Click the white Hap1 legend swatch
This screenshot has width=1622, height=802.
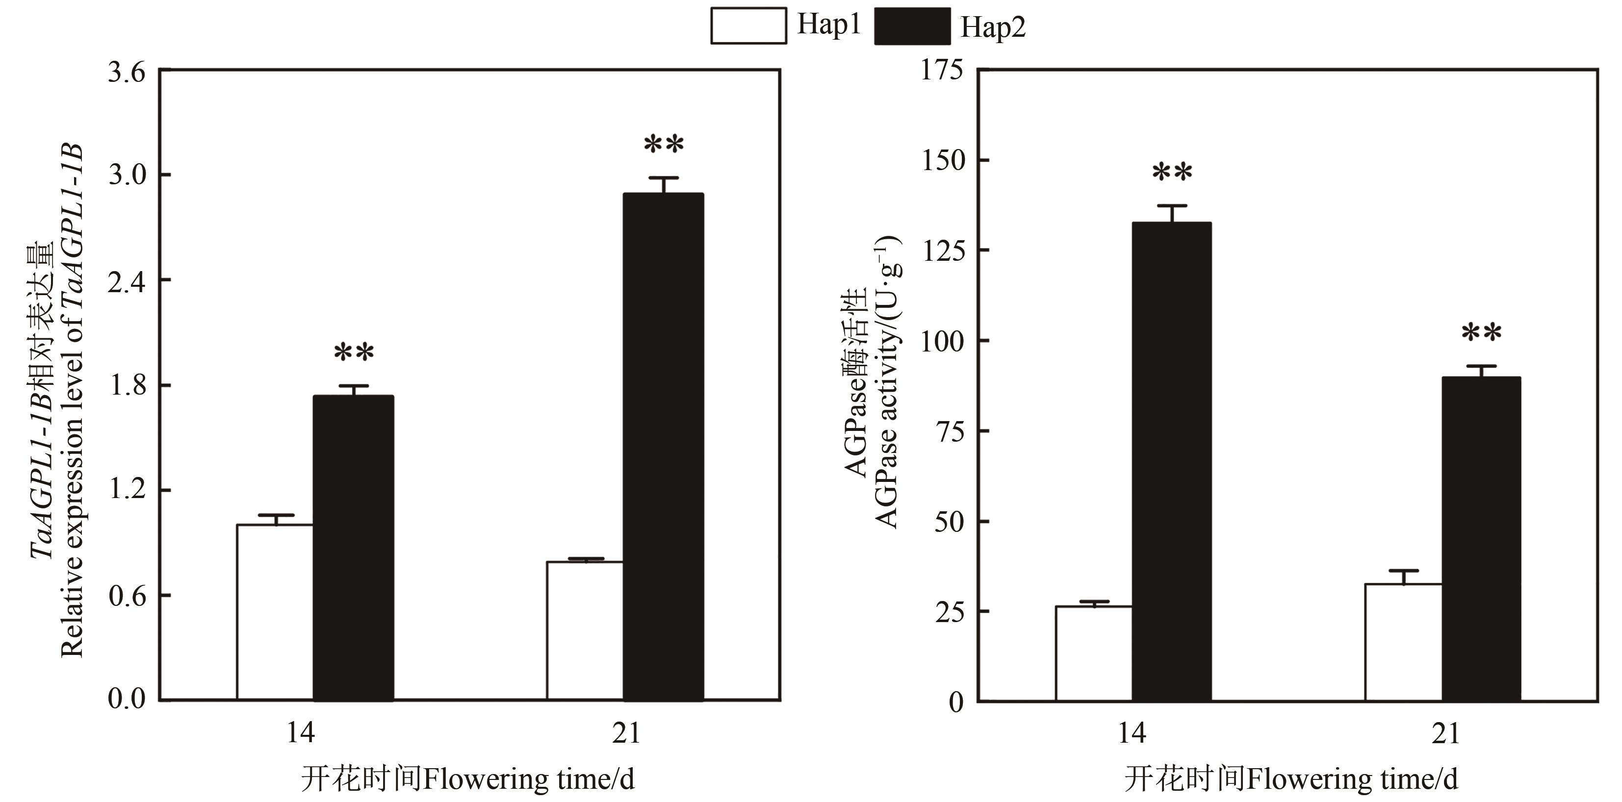click(748, 26)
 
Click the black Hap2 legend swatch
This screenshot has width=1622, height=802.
click(912, 26)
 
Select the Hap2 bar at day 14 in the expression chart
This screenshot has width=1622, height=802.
click(353, 548)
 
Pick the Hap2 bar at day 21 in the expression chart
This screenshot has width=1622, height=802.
click(663, 447)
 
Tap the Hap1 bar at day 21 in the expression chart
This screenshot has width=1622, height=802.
click(584, 630)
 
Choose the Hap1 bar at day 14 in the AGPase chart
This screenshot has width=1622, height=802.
click(1093, 653)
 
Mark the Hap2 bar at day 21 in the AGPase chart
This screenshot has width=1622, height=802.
click(1481, 539)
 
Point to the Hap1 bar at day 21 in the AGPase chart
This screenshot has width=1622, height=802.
click(1403, 642)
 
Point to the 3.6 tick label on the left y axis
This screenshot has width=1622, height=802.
click(127, 73)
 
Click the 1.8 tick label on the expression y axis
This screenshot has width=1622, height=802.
click(127, 385)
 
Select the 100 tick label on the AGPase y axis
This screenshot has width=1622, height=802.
click(942, 341)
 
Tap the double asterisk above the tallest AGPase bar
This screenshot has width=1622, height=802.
click(1172, 173)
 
